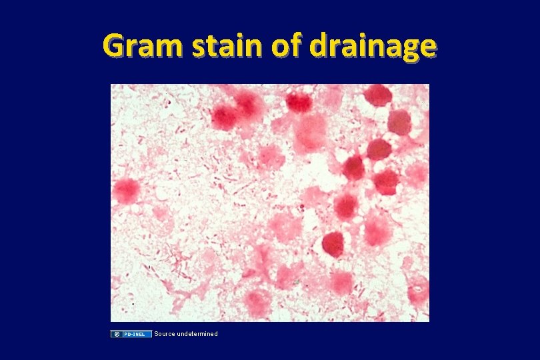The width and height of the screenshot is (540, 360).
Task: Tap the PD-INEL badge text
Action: (136, 333)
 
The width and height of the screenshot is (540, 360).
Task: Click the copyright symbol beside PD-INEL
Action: (115, 333)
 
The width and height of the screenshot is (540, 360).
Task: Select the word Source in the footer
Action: (165, 333)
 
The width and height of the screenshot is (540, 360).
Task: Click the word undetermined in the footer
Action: (198, 333)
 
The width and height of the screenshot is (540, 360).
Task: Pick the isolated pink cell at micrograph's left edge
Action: (125, 191)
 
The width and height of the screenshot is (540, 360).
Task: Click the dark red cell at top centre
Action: (299, 101)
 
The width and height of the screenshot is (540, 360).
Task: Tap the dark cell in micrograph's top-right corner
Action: (378, 95)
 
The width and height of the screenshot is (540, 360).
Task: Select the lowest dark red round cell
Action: (333, 245)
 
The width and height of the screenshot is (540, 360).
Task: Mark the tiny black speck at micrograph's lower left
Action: (133, 303)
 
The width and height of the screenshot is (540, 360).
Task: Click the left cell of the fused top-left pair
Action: (225, 117)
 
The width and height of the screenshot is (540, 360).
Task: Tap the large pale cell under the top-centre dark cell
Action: (310, 132)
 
